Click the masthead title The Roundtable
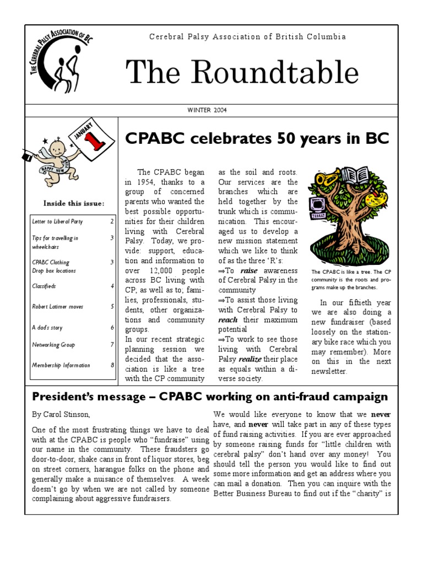(x=242, y=73)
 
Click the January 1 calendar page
(x=90, y=142)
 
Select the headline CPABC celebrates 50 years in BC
(x=257, y=139)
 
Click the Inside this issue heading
(x=73, y=203)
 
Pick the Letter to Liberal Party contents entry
(x=57, y=221)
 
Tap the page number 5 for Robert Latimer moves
(x=112, y=307)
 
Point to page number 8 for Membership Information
(x=112, y=365)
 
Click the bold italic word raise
(x=249, y=270)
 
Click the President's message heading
(x=210, y=397)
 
